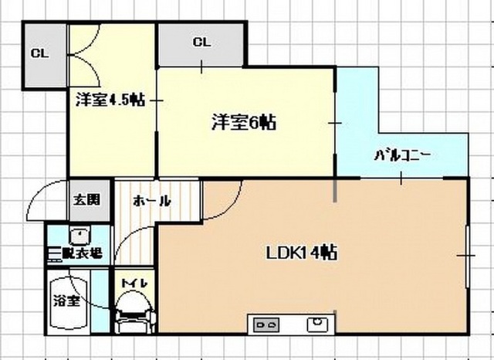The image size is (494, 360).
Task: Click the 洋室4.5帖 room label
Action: click(x=110, y=100)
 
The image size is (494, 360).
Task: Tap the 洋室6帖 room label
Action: click(x=244, y=122)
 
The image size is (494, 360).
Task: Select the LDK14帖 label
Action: click(x=302, y=253)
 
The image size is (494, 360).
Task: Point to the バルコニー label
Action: click(x=402, y=156)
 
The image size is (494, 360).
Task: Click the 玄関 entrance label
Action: click(x=86, y=199)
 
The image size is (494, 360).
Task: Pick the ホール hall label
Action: click(x=152, y=201)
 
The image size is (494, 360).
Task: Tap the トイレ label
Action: click(x=134, y=283)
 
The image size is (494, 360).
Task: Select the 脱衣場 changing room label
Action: click(x=82, y=253)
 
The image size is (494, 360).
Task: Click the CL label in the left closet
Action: click(x=40, y=53)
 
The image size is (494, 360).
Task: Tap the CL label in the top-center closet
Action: click(x=201, y=42)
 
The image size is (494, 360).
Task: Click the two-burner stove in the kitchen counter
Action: click(x=266, y=324)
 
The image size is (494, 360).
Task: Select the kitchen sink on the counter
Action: click(x=317, y=324)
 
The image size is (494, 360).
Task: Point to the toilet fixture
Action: click(x=135, y=312)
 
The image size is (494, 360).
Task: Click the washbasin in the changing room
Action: click(x=80, y=236)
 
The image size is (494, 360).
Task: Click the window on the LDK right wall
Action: click(x=468, y=256)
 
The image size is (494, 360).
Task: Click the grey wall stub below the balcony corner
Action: click(x=335, y=190)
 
